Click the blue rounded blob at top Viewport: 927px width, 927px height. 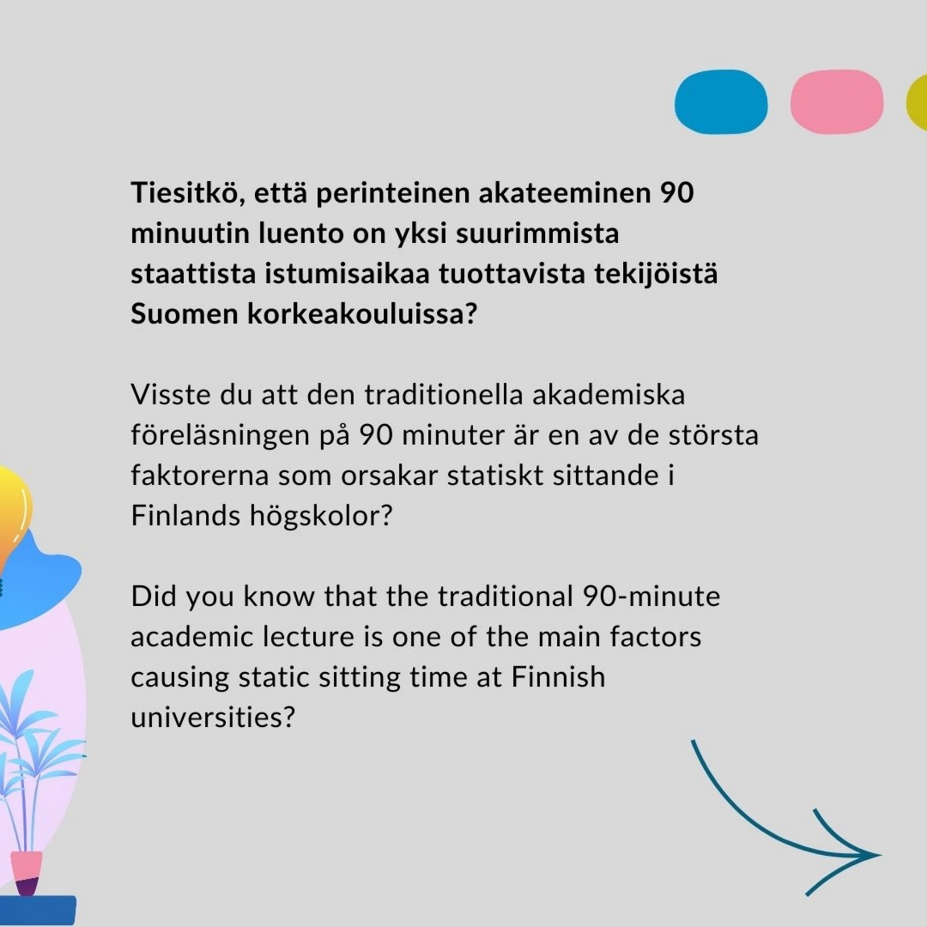point(721,101)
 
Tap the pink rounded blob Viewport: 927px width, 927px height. point(837,101)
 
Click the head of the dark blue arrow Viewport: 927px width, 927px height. point(879,854)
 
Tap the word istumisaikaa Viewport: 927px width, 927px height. point(347,274)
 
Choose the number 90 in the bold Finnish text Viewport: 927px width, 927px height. point(676,193)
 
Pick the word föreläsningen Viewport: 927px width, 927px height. point(220,436)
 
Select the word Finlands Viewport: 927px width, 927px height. point(185,516)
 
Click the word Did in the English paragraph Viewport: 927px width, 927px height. point(153,597)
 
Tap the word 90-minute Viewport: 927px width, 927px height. point(651,597)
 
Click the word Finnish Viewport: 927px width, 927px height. point(558,677)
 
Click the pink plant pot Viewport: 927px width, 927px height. point(27,867)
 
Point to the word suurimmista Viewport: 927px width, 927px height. point(537,233)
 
